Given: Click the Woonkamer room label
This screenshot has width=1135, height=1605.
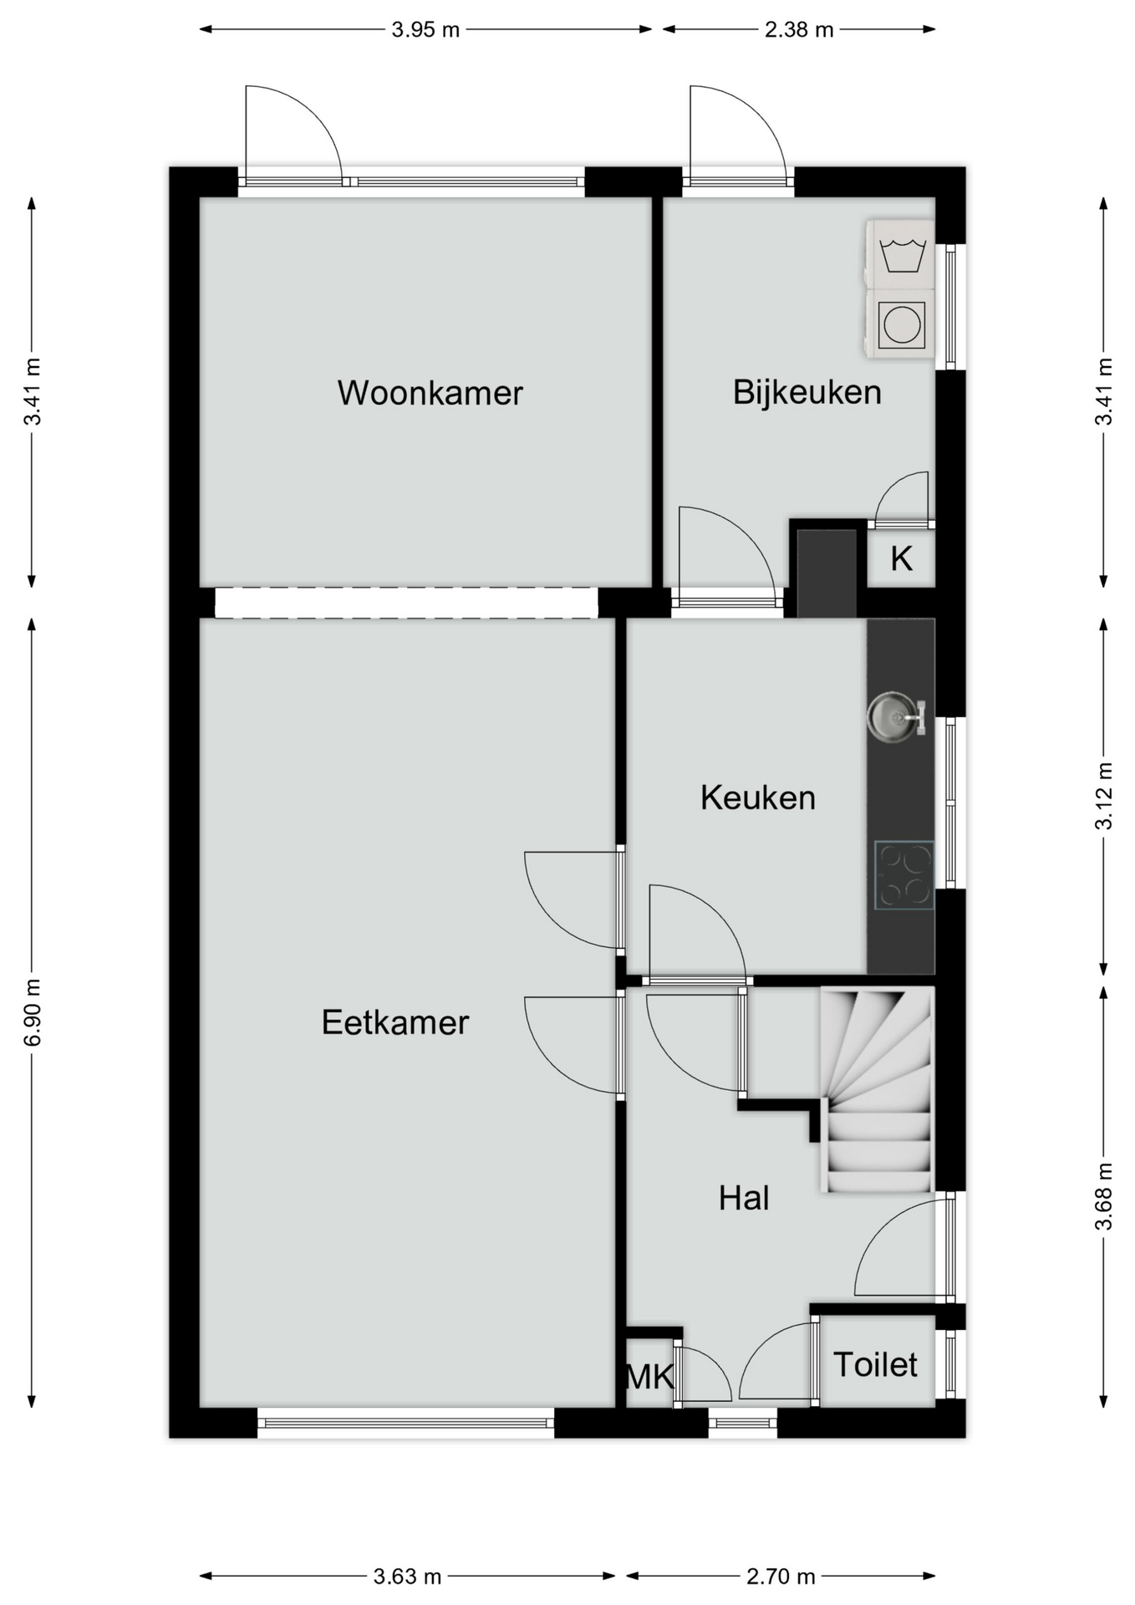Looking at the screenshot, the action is point(430,393).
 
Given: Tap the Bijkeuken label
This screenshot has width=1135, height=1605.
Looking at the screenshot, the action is point(807,392).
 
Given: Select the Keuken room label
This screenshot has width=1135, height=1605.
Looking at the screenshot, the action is point(757,797).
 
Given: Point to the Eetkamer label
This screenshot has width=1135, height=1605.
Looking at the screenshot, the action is point(394,1022).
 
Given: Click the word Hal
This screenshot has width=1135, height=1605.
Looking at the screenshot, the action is point(744,1198).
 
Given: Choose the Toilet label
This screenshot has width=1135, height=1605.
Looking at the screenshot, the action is point(875,1364).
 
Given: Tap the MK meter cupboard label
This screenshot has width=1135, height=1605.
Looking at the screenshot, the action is point(649,1376).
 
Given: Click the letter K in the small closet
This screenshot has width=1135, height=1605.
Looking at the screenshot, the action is point(901,558).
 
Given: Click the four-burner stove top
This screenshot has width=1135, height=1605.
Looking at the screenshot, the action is point(903,875).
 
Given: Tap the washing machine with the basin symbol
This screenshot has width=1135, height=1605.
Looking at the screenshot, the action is point(901,254).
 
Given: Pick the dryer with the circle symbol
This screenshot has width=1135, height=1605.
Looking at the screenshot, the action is point(901,324).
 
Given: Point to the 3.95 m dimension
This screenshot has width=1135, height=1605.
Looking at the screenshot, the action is point(425,30).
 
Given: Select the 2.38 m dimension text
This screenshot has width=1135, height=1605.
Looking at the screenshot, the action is point(799,30).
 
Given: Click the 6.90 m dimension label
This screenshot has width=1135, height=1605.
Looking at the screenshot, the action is point(32,1012).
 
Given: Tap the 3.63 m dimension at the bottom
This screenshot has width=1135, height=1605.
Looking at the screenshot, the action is point(407,1577).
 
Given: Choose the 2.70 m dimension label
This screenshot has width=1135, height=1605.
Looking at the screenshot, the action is point(781,1577).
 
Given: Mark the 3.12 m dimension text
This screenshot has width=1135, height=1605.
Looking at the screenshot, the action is point(1103,796).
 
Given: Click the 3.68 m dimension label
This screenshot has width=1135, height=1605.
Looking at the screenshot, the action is point(1103,1196).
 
